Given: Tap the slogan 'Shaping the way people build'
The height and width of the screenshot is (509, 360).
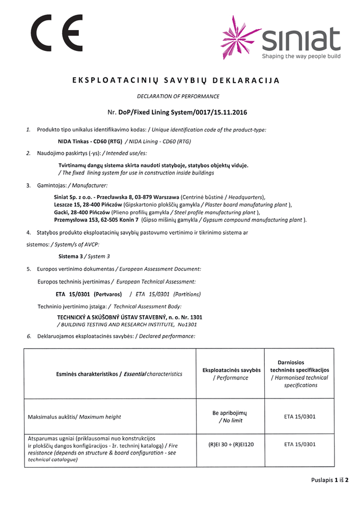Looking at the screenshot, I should coord(301,56).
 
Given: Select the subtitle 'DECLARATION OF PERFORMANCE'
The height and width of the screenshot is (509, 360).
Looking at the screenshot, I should coord(178,96).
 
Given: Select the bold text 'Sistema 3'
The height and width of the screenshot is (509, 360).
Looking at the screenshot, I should coord(71,256).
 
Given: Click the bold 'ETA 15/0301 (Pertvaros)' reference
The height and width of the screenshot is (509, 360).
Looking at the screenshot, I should coord(89,294).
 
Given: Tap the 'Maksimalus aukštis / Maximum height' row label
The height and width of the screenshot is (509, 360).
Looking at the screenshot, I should coord(74,417).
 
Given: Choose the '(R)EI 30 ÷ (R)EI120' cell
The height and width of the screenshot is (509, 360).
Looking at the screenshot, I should coord(231,444).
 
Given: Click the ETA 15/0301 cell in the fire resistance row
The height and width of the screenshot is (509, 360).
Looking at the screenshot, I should coord(299,444).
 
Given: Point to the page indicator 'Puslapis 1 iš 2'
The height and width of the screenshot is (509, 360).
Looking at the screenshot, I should coord(330,479).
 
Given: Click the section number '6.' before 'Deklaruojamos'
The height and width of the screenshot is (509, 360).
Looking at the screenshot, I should coord(29,336).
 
